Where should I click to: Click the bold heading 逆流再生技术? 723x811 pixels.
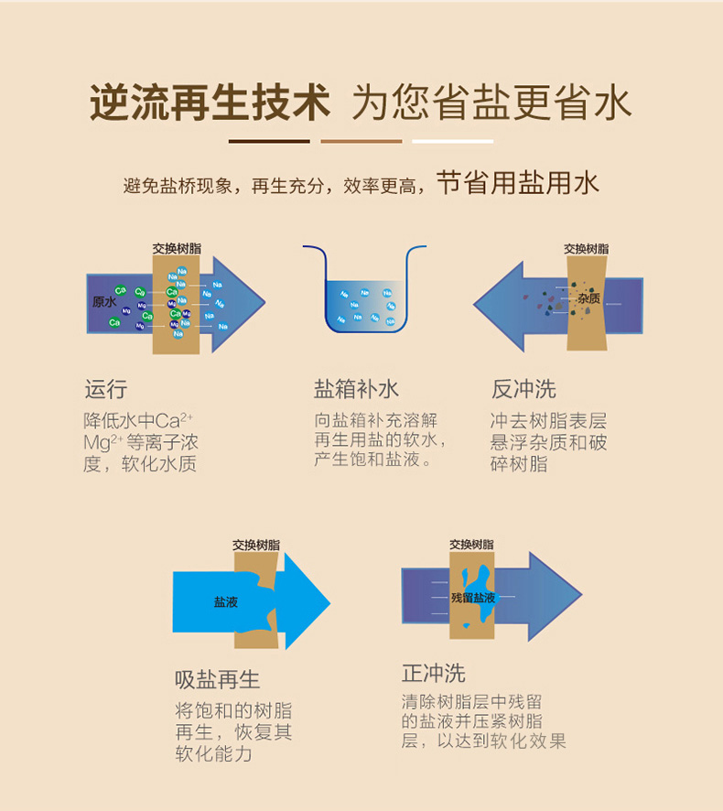point(209,103)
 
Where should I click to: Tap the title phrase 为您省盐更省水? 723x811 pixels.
point(491,103)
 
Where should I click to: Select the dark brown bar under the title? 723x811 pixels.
point(269,141)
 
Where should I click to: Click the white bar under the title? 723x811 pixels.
point(452,141)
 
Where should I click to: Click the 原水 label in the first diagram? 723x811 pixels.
point(104,301)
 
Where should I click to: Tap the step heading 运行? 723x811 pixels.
point(105,389)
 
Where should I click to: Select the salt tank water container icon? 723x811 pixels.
point(364,290)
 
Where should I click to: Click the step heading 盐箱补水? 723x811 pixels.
point(357,389)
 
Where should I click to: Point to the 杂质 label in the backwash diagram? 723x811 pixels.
point(588,298)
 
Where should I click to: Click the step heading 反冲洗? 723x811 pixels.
point(523,389)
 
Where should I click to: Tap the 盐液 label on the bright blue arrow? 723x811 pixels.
point(225,601)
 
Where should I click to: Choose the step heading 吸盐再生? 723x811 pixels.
point(218,679)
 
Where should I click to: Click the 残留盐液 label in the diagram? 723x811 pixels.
point(473,597)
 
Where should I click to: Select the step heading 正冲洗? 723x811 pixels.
point(434,674)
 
